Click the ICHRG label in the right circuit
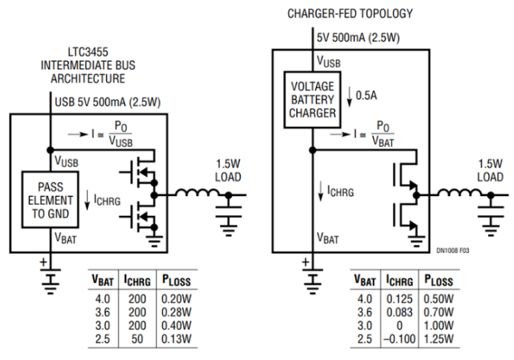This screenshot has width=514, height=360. tap(339, 190)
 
